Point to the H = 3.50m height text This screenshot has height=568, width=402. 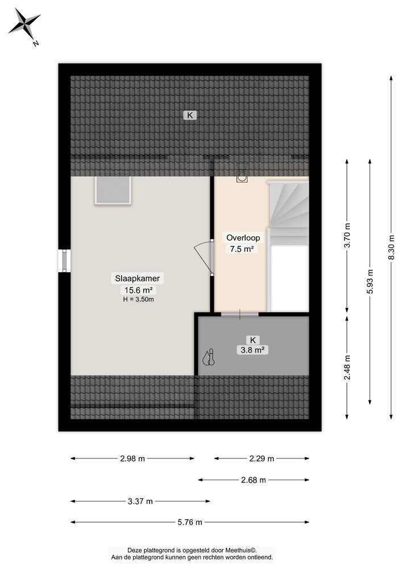[139, 299]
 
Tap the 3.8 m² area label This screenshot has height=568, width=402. [253, 350]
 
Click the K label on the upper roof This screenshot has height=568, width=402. [190, 115]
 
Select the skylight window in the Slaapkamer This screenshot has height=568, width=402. [113, 190]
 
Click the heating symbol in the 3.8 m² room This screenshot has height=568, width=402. [209, 357]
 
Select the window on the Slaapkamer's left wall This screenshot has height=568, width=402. [65, 261]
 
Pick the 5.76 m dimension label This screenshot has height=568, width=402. [190, 523]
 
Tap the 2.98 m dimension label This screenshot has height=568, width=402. [132, 458]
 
